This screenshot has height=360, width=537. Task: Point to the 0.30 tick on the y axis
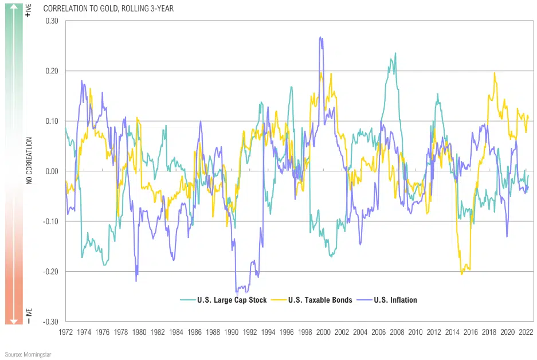[x=51, y=21]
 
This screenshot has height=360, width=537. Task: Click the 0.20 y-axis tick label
[x=51, y=71]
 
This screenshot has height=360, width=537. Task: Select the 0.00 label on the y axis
[x=51, y=171]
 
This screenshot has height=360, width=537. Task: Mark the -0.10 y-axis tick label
[x=50, y=221]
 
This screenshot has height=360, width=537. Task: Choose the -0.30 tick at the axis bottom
[x=50, y=322]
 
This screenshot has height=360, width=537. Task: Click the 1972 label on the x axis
[x=65, y=332]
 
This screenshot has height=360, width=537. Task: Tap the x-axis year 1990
[x=231, y=332]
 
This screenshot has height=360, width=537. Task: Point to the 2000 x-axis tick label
[x=323, y=332]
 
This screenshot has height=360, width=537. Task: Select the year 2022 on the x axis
[x=526, y=332]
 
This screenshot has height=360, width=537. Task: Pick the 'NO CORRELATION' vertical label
[x=28, y=161]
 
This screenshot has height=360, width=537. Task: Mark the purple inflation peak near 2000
[x=321, y=37]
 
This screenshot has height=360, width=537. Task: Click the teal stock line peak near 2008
[x=395, y=53]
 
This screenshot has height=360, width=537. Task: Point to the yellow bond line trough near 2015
[x=462, y=274]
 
